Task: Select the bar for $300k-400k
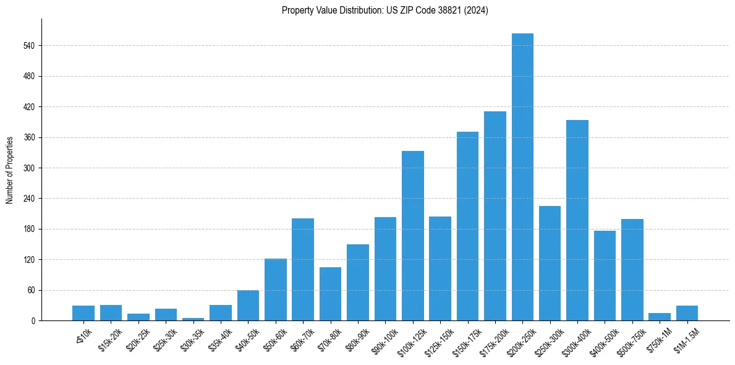[x=577, y=220]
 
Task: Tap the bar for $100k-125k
[x=412, y=236]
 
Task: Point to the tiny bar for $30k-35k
[x=193, y=319]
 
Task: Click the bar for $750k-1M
[x=659, y=317]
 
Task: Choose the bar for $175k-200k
[x=495, y=216]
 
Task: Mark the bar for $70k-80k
[x=330, y=294]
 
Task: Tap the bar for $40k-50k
[x=248, y=305]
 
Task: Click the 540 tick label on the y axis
[x=28, y=46]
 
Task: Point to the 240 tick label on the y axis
[x=28, y=199]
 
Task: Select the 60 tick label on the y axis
[x=30, y=290]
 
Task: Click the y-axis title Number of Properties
[x=10, y=170]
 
